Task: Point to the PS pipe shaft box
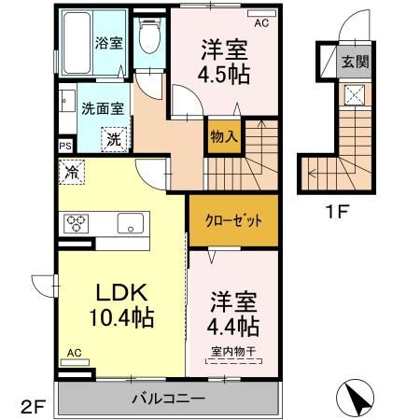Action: [x=64, y=146]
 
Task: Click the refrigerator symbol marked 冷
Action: [x=72, y=171]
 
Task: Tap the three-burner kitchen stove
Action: [x=76, y=224]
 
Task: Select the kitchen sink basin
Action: [x=129, y=224]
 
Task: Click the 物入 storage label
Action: [x=223, y=136]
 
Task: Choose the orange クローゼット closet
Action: [x=233, y=219]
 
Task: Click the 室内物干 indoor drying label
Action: [x=234, y=351]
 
